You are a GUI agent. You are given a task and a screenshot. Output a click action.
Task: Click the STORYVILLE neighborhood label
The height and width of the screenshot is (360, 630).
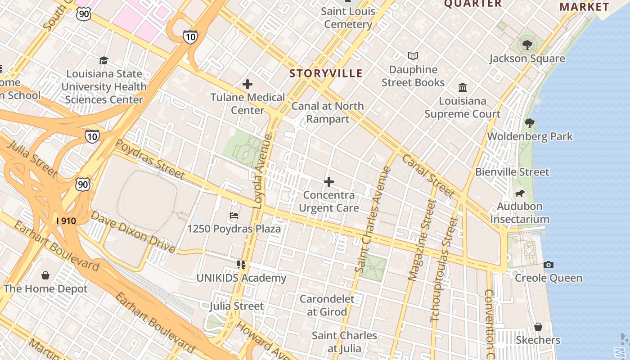(326, 73)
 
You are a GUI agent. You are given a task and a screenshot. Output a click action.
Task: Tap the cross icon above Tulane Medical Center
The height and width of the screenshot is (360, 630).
(247, 84)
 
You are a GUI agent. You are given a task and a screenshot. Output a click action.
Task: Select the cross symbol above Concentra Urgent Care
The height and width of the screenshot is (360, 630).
(329, 182)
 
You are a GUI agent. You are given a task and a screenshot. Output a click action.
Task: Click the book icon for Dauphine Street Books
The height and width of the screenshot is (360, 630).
(413, 56)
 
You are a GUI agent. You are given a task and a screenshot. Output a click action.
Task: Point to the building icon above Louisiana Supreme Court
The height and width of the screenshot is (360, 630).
(463, 87)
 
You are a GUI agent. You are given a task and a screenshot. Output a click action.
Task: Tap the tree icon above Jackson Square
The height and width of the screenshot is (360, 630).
(527, 45)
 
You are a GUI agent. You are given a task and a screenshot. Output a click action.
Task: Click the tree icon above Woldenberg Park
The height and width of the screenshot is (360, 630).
(530, 123)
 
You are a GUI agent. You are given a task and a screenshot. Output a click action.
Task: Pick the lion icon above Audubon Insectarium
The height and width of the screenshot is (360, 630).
(520, 193)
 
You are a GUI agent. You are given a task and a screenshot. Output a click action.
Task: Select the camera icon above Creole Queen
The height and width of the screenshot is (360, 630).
(548, 265)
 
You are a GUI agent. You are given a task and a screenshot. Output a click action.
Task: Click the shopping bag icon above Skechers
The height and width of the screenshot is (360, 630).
(538, 327)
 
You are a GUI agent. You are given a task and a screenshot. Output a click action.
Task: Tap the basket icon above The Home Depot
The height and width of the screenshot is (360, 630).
(45, 275)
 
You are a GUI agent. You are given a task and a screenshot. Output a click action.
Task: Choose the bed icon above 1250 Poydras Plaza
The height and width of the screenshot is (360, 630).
(234, 216)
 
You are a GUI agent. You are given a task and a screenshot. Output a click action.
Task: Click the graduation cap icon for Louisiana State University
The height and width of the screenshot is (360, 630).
(104, 60)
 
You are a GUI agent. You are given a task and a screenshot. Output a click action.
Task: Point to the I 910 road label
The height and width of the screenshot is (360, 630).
(66, 221)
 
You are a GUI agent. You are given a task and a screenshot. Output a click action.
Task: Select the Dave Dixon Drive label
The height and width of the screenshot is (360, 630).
(133, 231)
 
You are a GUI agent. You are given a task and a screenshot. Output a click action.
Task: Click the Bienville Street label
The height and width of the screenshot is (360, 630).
(512, 172)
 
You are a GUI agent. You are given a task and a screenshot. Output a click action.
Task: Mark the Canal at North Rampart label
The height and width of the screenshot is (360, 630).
(327, 112)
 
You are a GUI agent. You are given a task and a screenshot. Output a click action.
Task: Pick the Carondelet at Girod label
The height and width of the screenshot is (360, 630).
(327, 305)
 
